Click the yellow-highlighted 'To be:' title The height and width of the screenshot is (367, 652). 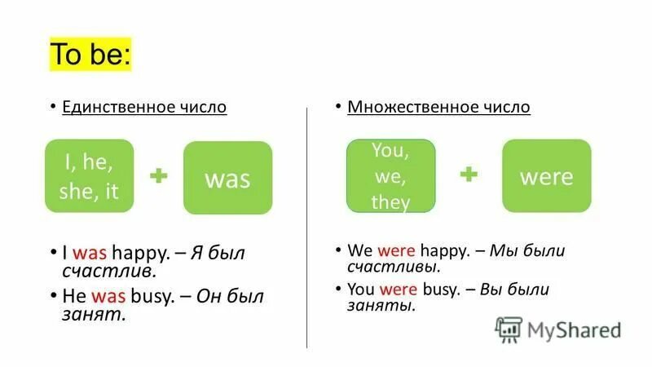pos(90,55)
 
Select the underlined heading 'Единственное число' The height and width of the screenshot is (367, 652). pos(144,107)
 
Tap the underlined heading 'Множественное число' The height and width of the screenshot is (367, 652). pos(438,107)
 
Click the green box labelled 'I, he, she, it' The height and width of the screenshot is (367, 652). pos(89,176)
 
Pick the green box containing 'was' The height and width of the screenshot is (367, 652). pos(227,178)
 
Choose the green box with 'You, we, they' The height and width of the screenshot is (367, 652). pos(390,175)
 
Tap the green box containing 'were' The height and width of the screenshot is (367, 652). pos(546,176)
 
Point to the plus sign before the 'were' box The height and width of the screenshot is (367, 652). pos(469,175)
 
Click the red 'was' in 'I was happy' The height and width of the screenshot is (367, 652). pos(90,254)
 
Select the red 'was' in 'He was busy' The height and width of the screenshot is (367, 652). pos(108,296)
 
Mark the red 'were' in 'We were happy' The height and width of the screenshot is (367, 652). pos(396,250)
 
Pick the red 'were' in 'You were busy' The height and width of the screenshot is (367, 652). pos(398,289)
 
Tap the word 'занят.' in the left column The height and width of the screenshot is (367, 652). pos(95,314)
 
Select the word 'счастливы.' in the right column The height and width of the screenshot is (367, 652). pos(394,267)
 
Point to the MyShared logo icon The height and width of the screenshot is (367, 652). pos(509,329)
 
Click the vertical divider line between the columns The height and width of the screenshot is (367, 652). pos(306,228)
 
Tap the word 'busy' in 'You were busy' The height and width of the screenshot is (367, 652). pos(440,289)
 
